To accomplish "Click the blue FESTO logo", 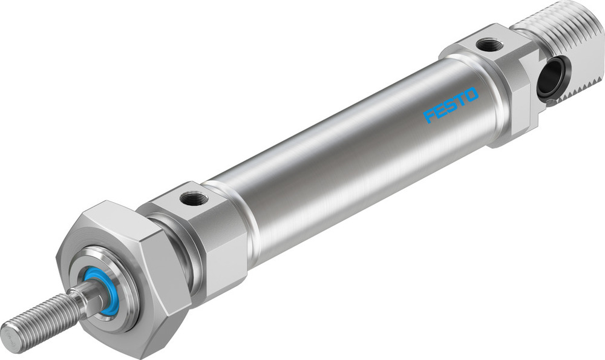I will [x=451, y=104].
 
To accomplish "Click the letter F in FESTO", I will [x=430, y=115].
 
